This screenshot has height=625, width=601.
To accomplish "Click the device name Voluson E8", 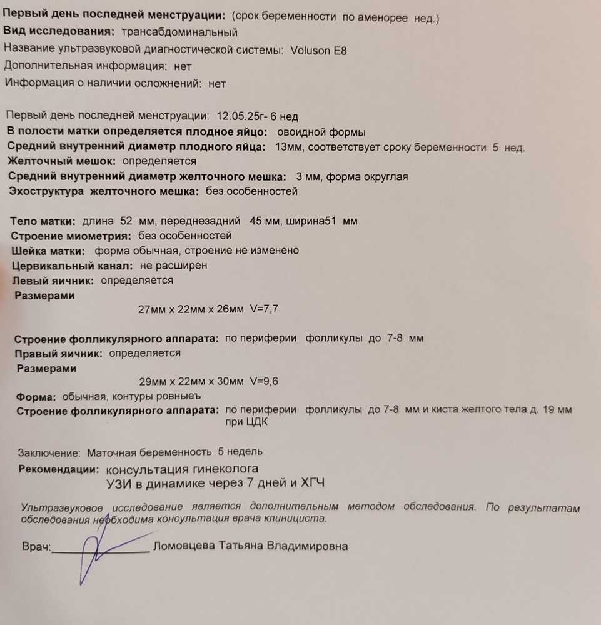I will (x=318, y=51).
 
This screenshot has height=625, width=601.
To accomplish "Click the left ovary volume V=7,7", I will (x=263, y=309).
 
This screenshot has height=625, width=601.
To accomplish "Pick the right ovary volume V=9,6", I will (x=263, y=382).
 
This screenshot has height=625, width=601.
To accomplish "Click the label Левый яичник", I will (x=53, y=281).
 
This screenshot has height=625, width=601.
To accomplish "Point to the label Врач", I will (x=36, y=547).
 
